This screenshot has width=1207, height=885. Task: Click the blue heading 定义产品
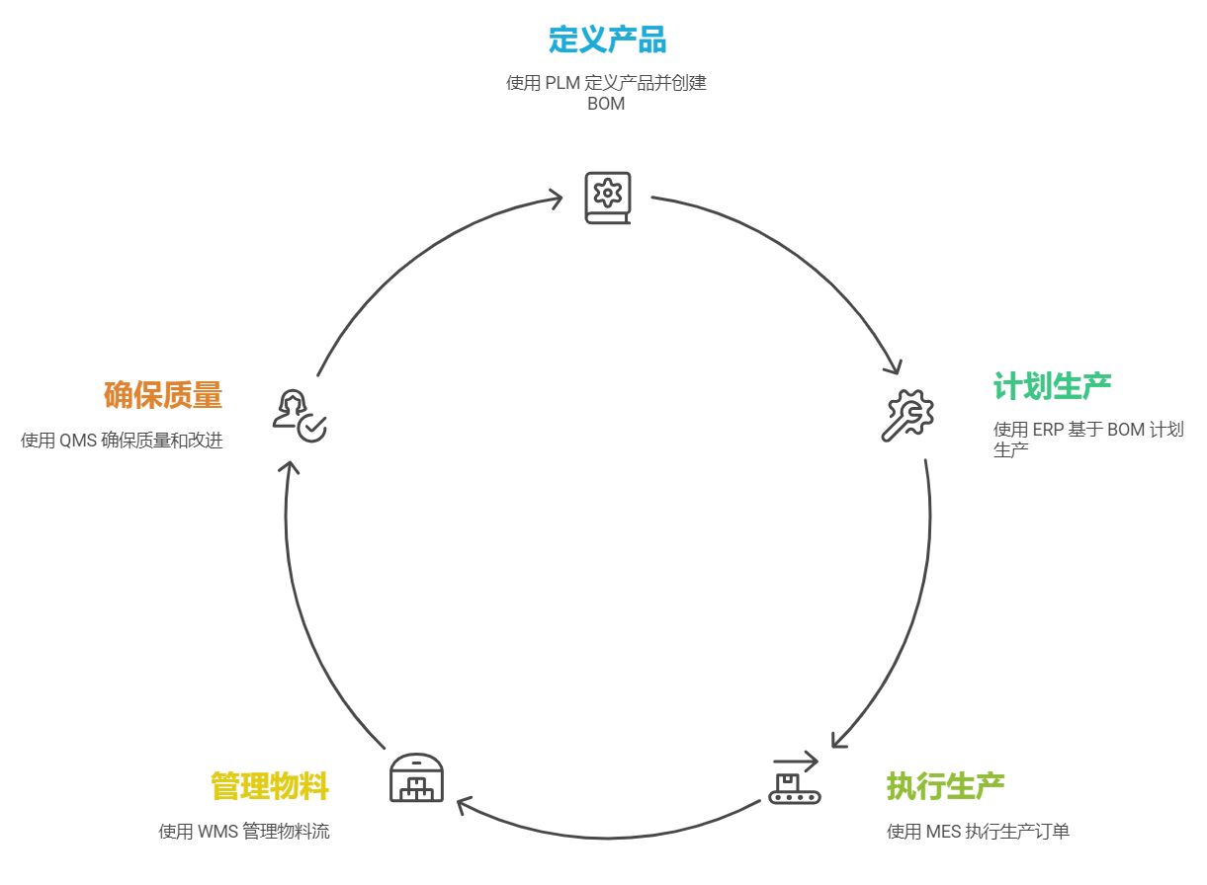[x=607, y=40]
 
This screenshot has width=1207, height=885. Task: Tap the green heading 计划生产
[x=1052, y=386]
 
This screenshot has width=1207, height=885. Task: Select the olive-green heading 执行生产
[x=945, y=786]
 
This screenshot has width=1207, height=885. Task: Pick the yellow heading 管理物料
[x=269, y=786]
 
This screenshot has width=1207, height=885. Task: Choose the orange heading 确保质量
[x=163, y=396]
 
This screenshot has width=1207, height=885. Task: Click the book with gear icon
[x=607, y=198]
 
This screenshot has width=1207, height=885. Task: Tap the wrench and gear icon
[x=906, y=415]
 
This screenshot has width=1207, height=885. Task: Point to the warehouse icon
[x=416, y=777]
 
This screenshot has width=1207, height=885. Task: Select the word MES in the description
[x=944, y=832]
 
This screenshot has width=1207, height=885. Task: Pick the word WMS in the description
[x=217, y=832]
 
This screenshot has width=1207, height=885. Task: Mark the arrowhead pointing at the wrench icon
[x=893, y=367]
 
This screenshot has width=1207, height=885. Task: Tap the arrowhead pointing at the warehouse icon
[x=465, y=806]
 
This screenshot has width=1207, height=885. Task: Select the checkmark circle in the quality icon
[x=312, y=428]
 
